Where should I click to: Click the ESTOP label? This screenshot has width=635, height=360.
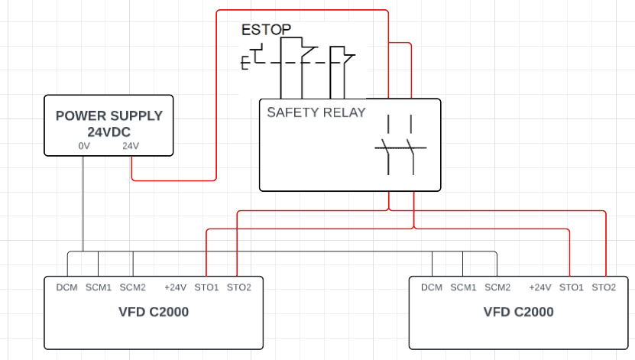[266, 31]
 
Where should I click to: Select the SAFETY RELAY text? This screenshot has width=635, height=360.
[316, 112]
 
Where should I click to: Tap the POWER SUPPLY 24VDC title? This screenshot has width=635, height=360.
[109, 124]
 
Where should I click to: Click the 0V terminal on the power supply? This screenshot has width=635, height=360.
[83, 146]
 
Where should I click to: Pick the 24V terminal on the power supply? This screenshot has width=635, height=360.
[131, 146]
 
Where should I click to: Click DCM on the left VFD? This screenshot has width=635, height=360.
[67, 287]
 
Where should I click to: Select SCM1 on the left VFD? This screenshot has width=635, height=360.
[99, 287]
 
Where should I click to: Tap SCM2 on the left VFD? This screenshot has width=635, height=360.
[133, 287]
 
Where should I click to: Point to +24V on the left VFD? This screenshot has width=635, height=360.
[175, 287]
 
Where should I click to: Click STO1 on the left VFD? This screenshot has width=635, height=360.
[206, 287]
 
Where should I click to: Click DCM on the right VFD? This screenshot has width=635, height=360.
[432, 287]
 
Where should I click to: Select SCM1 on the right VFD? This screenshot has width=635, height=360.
[463, 287]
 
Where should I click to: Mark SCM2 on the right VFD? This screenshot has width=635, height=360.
[497, 287]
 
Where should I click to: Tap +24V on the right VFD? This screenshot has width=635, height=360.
[539, 287]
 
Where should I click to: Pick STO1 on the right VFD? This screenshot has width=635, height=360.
[571, 287]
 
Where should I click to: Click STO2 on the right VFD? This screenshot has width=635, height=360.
[604, 287]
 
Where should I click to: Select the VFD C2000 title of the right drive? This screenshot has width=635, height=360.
[518, 312]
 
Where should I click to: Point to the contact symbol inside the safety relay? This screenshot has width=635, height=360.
[400, 144]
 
